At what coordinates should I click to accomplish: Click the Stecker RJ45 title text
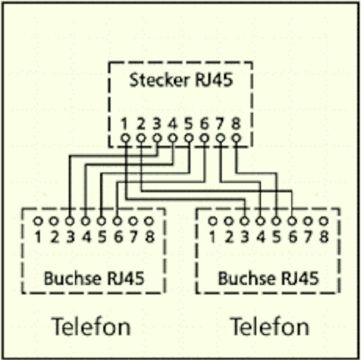point(181,80)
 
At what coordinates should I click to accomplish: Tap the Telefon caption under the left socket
point(91,326)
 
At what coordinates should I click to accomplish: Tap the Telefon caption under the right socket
point(269,326)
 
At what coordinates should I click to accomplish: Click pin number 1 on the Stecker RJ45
point(125,124)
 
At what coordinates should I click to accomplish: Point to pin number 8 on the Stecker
point(236,124)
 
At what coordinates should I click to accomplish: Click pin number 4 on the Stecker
point(173,124)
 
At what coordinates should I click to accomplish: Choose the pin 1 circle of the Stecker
point(125,138)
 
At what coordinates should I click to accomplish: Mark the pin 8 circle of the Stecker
point(236,138)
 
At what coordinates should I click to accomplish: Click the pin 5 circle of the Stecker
point(189,138)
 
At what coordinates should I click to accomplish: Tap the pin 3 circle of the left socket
point(70,221)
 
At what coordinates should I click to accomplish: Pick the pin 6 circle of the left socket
point(117,221)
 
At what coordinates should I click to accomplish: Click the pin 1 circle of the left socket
point(38,221)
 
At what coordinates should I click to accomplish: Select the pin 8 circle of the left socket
point(149,221)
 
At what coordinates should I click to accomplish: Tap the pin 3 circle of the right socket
point(245,221)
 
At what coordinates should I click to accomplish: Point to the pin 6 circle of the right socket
point(292,221)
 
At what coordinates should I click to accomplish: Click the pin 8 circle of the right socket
point(324,221)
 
